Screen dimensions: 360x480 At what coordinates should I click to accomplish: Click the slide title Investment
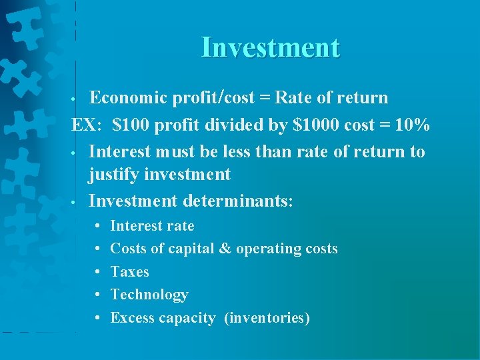(x=270, y=48)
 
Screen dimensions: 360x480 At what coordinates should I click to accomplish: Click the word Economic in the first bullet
(x=128, y=98)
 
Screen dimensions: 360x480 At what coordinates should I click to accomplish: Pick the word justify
(x=115, y=175)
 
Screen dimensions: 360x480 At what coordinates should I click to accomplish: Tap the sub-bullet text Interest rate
(x=152, y=226)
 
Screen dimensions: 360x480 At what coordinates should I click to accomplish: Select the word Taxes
(x=129, y=272)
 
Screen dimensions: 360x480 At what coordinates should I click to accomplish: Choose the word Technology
(x=149, y=295)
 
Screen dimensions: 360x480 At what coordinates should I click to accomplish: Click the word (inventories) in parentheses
(x=267, y=318)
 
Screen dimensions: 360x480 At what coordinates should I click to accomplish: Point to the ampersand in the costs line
(x=225, y=249)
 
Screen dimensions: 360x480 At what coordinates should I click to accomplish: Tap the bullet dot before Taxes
(x=97, y=272)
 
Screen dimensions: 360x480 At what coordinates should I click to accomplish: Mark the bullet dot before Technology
(x=97, y=295)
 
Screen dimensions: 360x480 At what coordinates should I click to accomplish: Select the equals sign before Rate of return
(x=265, y=98)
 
